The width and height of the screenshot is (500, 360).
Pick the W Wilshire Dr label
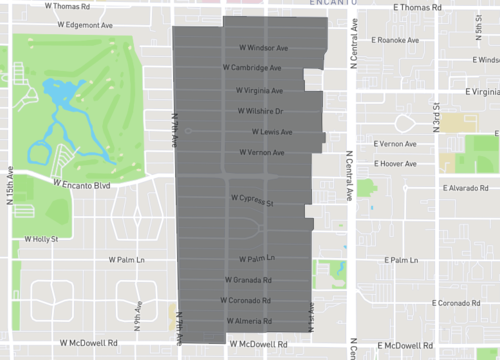260,111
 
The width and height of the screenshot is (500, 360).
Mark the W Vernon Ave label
261,153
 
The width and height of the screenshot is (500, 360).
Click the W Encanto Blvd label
82,185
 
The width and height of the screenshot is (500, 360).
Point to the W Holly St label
39,240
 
